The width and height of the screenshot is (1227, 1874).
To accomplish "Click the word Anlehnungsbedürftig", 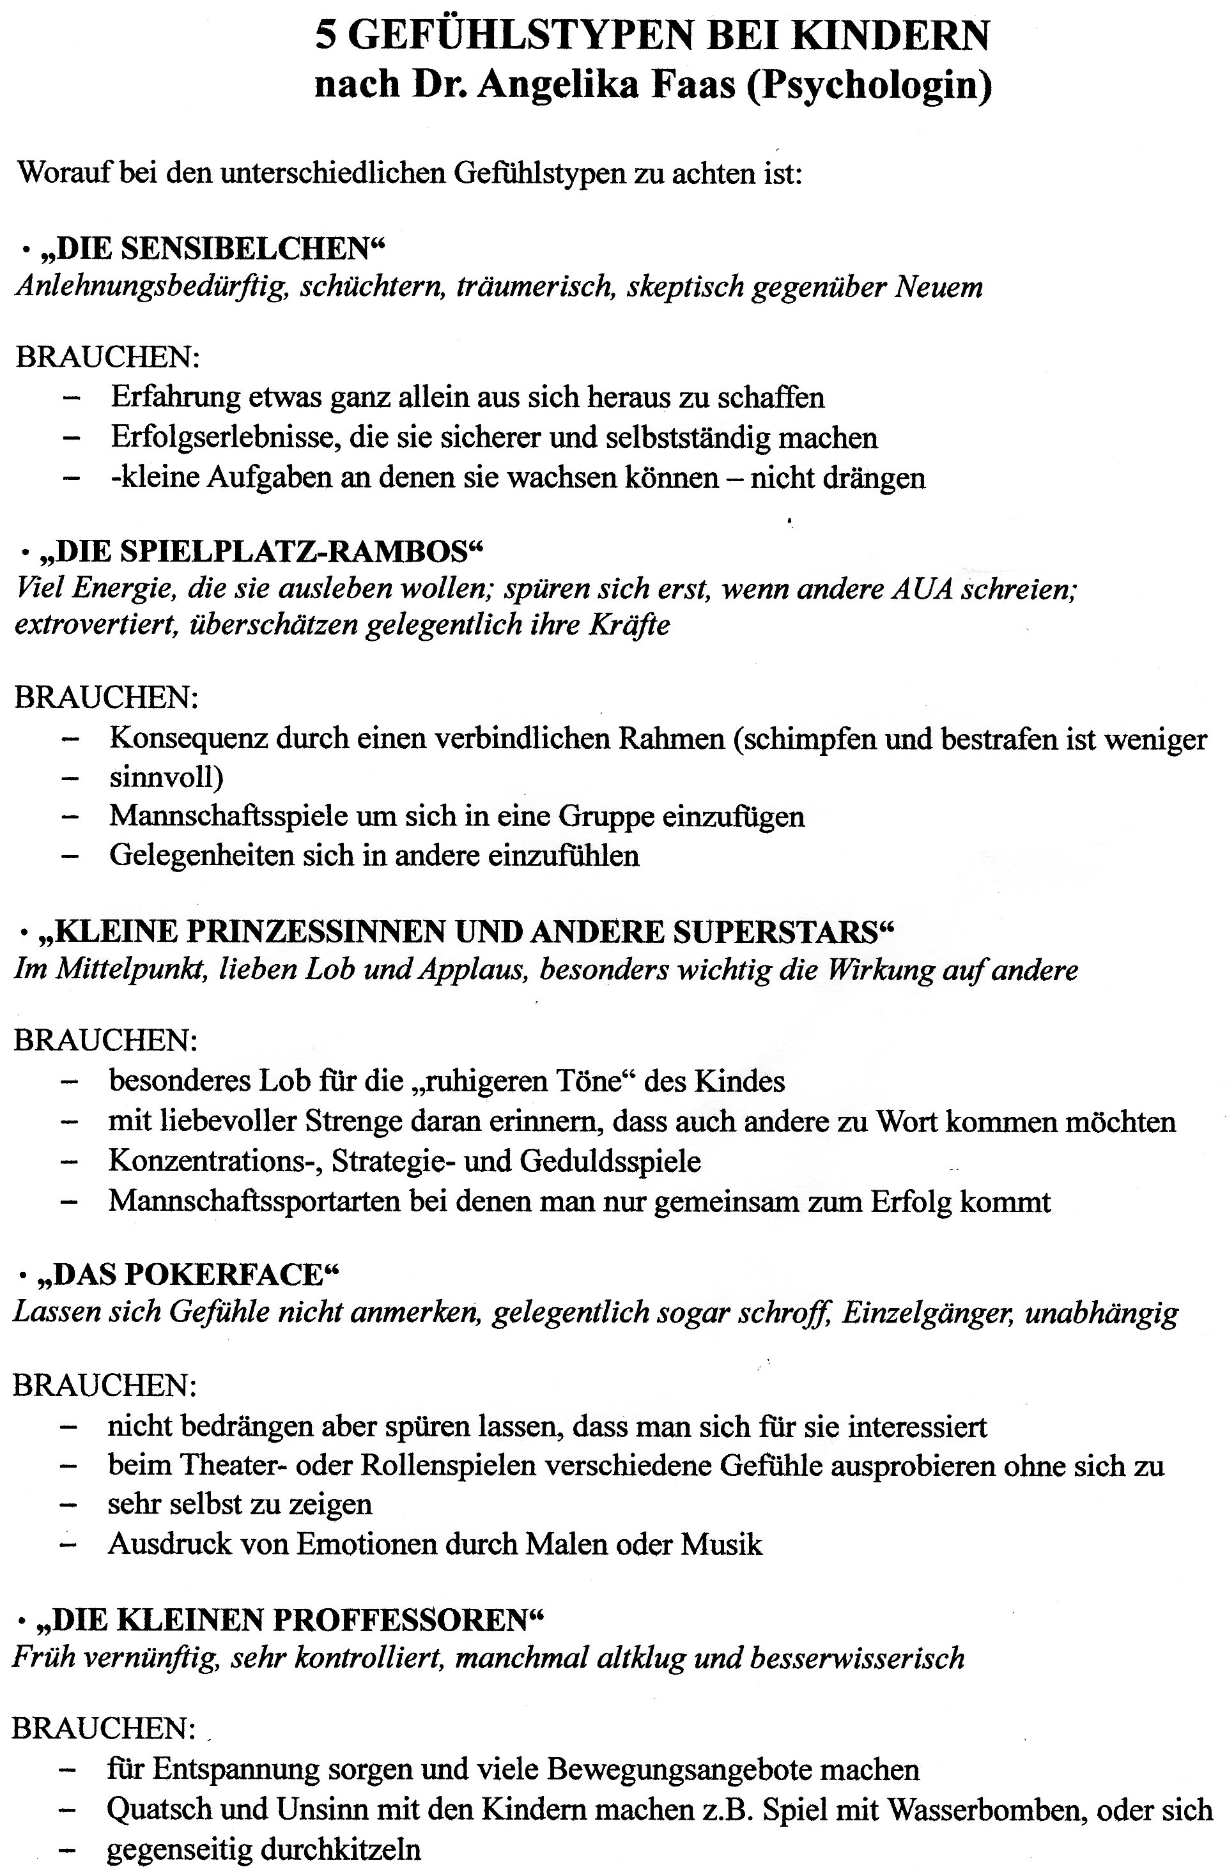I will click(x=149, y=287).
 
